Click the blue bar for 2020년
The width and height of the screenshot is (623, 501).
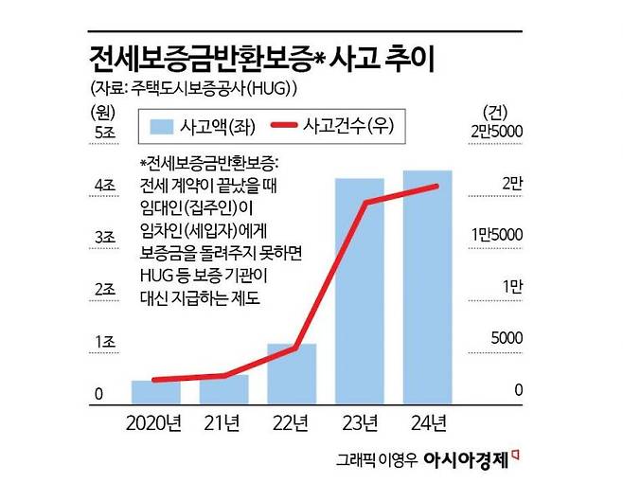155,391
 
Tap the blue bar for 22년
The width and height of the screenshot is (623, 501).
292,373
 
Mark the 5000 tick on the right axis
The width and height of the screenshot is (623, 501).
506,338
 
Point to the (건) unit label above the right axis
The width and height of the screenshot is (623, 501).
495,110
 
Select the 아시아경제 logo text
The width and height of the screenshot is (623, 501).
465,460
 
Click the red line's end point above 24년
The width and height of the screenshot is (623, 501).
436,186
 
